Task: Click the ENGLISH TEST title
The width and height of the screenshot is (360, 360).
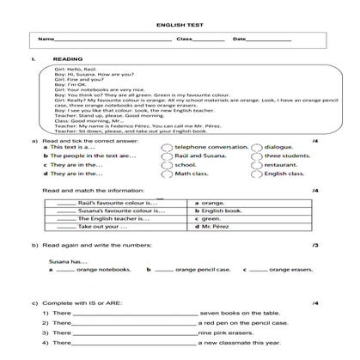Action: point(180,25)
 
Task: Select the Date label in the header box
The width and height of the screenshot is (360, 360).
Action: point(239,40)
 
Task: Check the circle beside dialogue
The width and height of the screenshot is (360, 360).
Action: point(256,146)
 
